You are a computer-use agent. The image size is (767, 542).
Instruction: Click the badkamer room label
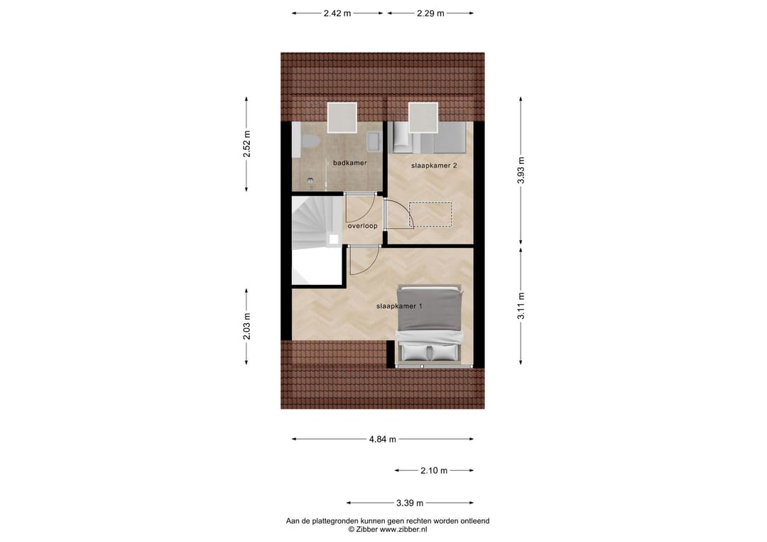point(350,163)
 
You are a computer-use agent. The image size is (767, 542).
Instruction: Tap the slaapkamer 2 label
point(434,166)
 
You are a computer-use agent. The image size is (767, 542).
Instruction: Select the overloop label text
point(362,226)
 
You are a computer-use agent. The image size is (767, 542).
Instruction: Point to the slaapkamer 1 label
point(399,306)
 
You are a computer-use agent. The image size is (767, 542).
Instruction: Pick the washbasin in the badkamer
point(372,142)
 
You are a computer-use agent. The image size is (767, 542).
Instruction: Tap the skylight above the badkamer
point(342,118)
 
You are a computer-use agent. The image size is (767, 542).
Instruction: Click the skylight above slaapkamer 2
point(423,118)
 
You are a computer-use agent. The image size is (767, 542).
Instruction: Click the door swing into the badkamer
point(359,207)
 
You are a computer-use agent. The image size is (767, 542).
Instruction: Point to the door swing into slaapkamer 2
point(399,215)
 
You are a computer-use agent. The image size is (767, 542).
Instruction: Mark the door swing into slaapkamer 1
point(363,260)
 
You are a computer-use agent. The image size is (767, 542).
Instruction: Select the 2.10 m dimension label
point(433,470)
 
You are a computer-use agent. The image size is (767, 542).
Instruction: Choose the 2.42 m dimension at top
point(337,13)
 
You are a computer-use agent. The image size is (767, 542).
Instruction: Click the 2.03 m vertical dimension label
point(246,327)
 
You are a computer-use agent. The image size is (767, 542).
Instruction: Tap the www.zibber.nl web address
point(403,529)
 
